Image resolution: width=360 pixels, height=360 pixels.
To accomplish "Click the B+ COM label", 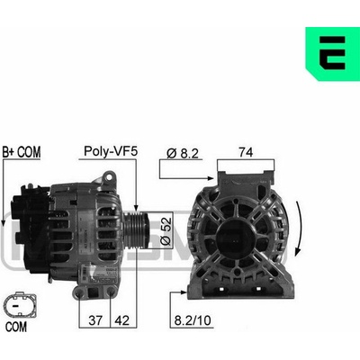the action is coord(22,152).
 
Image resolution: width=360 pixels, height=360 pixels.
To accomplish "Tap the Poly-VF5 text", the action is coord(111,151).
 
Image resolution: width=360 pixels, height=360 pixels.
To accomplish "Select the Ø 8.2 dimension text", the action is coord(183,153).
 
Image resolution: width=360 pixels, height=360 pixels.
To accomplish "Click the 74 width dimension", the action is coord(246,152).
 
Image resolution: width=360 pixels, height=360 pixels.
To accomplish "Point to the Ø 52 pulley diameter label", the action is coord(166,229).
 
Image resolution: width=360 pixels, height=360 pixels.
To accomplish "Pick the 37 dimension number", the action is coord(95,320).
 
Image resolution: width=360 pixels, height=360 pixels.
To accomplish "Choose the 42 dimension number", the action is coord(122,320).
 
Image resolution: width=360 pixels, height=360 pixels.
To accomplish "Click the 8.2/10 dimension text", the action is coord(193,320).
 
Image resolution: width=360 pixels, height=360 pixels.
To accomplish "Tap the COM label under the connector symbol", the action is coord(16,327).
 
